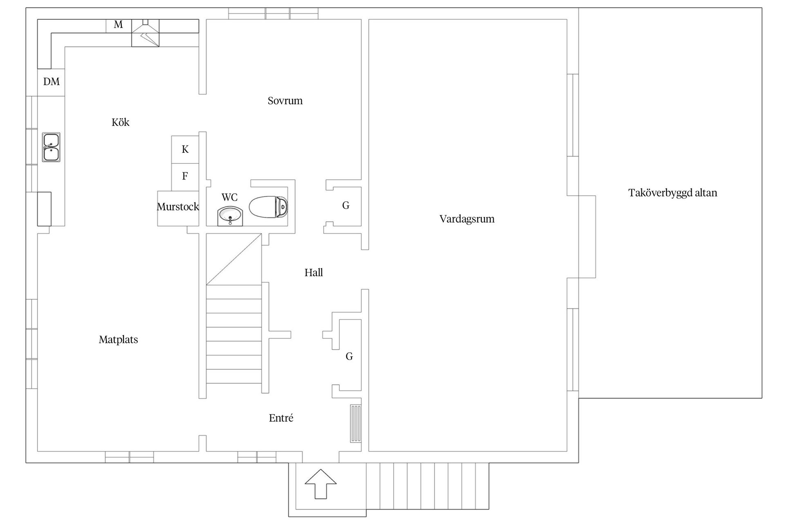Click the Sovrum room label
[x=285, y=101]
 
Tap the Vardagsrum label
[x=467, y=219]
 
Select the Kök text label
[x=120, y=122]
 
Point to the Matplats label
[x=118, y=340]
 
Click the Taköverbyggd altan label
[x=673, y=193]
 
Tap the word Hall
[x=314, y=273]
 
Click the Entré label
[x=281, y=418]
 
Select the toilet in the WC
[x=269, y=207]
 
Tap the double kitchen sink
[x=51, y=147]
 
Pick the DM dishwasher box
[x=51, y=82]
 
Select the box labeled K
[x=185, y=150]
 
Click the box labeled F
[x=185, y=177]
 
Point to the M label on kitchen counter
[x=118, y=25]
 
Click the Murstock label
[x=178, y=207]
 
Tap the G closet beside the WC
[x=346, y=206]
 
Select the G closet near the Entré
[x=349, y=356]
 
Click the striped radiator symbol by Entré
[x=356, y=423]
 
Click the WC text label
[x=229, y=197]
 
